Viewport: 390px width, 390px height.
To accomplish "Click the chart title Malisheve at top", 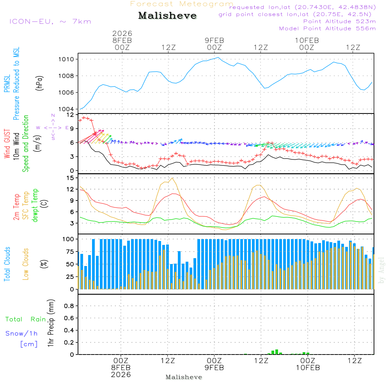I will click(168, 16).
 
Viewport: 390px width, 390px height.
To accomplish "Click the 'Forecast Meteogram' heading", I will click(182, 4).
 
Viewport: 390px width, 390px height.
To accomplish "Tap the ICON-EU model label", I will click(50, 21).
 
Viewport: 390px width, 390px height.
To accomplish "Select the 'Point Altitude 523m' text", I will click(339, 21).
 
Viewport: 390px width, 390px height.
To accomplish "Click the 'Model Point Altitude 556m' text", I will click(328, 28).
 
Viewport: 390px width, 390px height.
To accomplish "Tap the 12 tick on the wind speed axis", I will click(71, 115).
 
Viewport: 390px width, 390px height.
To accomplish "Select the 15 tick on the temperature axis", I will click(71, 178).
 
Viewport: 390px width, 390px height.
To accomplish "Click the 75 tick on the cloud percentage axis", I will click(71, 252).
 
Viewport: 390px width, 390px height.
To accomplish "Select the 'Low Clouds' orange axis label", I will click(26, 264).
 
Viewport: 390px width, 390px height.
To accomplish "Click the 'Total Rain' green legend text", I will click(25, 319).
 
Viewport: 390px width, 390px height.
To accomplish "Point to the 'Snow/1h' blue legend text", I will click(21, 333).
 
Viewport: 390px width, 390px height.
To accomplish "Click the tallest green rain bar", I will click(277, 352).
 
